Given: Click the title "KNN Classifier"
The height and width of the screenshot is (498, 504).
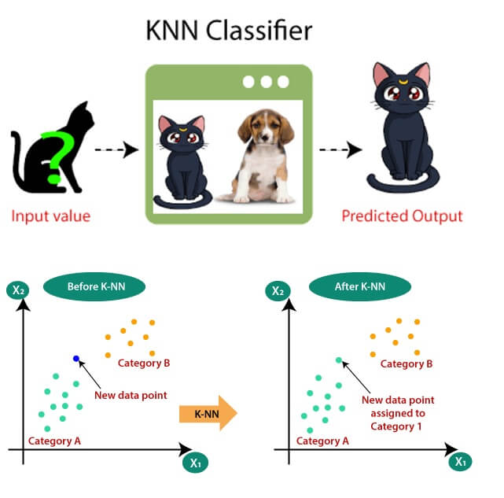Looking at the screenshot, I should pos(230,31).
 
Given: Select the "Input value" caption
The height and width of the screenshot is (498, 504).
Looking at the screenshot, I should pos(50,216).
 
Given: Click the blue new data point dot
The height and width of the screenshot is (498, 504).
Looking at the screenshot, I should pos(76,359).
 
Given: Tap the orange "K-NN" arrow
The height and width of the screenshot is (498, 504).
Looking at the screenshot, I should pos(208,412).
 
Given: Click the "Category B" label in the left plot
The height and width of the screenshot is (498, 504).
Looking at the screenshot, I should pos(144,363).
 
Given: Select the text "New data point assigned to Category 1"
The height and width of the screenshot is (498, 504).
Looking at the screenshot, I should pos(397,413).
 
